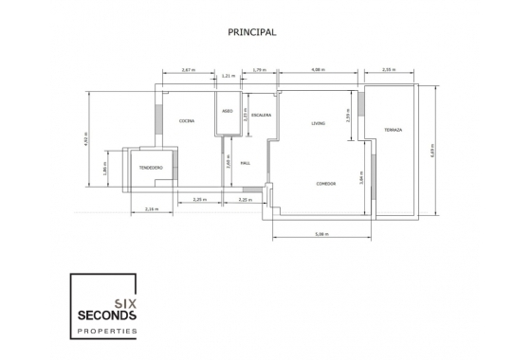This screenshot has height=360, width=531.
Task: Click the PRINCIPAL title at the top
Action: pyautogui.click(x=252, y=31)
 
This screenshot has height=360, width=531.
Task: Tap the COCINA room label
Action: pyautogui.click(x=187, y=120)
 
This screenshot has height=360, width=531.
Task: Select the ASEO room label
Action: pyautogui.click(x=228, y=111)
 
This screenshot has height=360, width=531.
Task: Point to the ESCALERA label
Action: pyautogui.click(x=262, y=116)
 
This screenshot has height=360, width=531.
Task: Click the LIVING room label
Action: pyautogui.click(x=319, y=123)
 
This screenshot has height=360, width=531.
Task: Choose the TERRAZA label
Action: pyautogui.click(x=394, y=129)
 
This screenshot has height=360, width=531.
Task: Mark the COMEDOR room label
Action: pyautogui.click(x=326, y=183)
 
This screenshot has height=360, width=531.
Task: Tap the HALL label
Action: pyautogui.click(x=245, y=163)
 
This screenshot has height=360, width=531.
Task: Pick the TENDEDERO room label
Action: pyautogui.click(x=151, y=167)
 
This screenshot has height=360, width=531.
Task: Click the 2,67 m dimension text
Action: pyautogui.click(x=188, y=69)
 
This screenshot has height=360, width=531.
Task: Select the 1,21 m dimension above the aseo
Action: pyautogui.click(x=228, y=76)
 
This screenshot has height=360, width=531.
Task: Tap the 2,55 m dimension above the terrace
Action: pyautogui.click(x=388, y=69)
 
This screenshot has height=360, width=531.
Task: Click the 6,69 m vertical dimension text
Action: pyautogui.click(x=431, y=150)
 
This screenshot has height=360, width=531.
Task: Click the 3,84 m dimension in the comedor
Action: pyautogui.click(x=361, y=175)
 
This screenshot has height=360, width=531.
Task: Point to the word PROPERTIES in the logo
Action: pyautogui.click(x=106, y=331)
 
